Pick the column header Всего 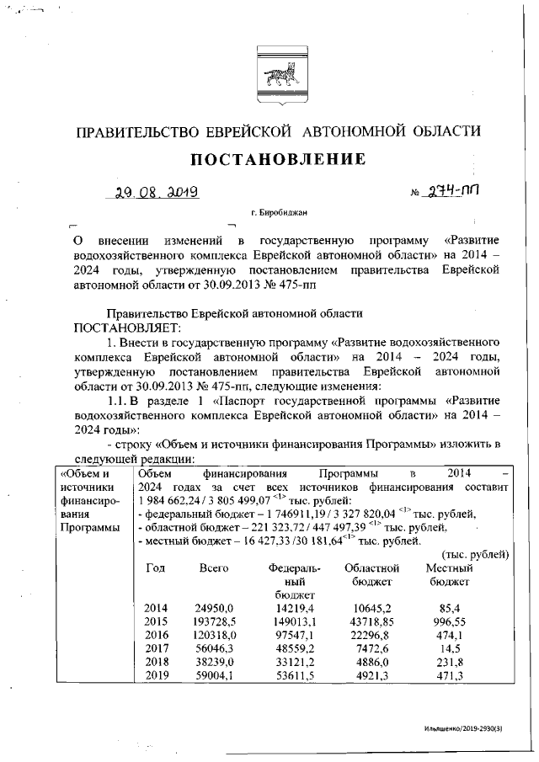coord(214,569)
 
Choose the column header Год coord(156,569)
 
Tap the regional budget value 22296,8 coord(371,636)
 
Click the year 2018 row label coord(157,663)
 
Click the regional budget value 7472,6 coord(371,649)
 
